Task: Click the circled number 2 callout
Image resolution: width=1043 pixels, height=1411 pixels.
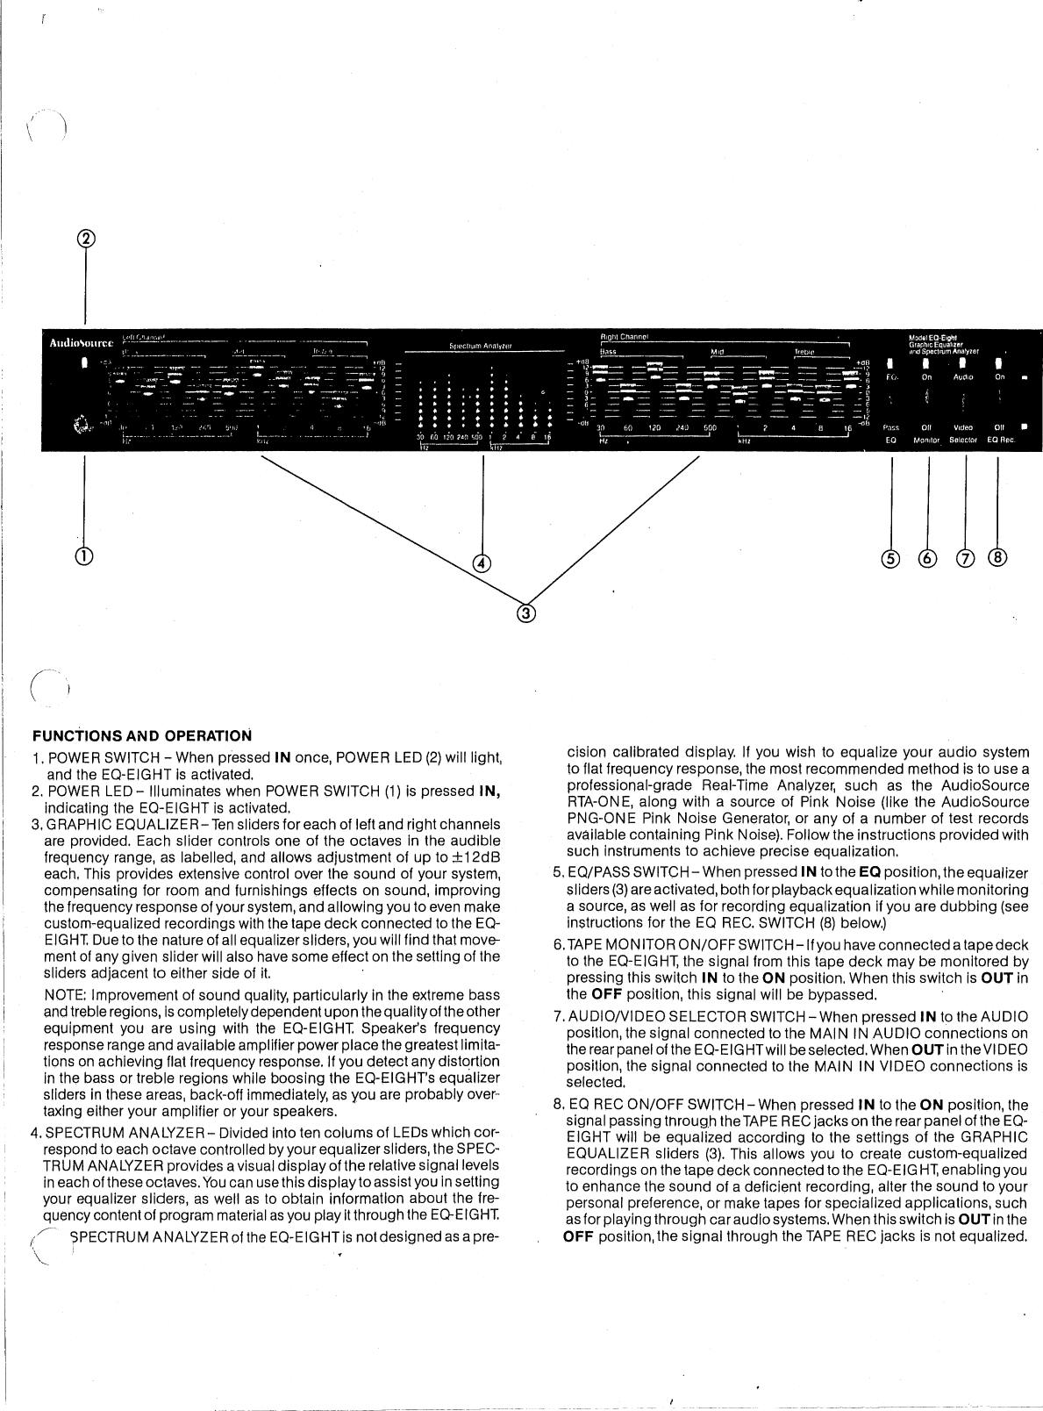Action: coord(86,239)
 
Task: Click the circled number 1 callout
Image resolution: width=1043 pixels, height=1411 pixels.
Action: coord(85,555)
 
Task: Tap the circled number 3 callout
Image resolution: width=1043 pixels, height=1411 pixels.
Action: coord(525,613)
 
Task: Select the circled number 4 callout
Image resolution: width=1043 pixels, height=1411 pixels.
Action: coord(481,563)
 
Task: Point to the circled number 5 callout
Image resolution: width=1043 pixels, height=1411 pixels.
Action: coord(891,558)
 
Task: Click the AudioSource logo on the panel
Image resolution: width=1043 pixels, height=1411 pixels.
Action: coord(80,342)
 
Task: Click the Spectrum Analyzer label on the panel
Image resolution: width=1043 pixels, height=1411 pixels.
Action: coord(481,346)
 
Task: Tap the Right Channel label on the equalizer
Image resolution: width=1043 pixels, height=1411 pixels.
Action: coord(623,336)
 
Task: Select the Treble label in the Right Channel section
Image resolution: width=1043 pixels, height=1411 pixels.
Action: coord(806,352)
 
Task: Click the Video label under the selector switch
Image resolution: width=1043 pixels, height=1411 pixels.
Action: coord(963,427)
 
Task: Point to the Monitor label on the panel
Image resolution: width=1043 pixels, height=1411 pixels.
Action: coord(926,440)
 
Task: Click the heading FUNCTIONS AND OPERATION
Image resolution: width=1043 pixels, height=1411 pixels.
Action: coord(141,734)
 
